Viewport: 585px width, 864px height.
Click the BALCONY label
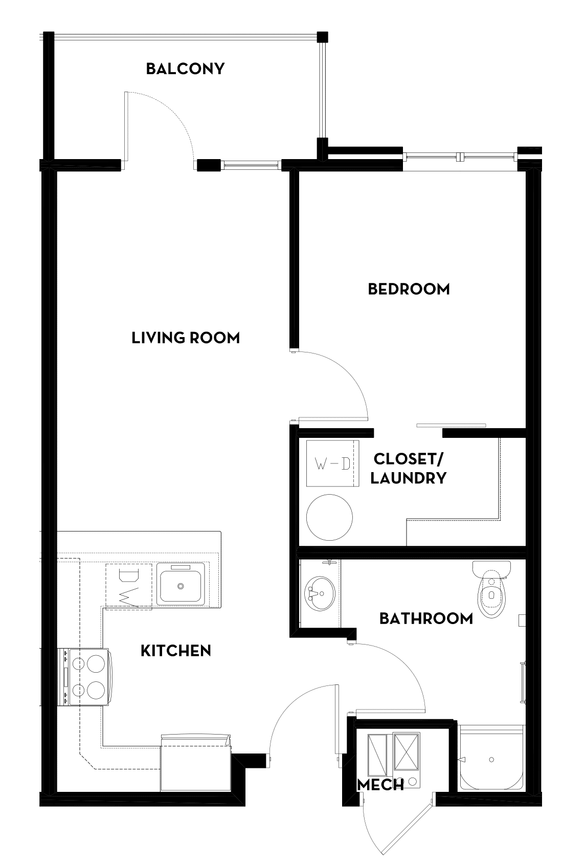click(185, 69)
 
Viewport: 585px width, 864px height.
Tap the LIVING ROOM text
click(186, 338)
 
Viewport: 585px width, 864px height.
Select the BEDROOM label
click(409, 289)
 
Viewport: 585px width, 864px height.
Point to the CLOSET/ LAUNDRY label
click(408, 468)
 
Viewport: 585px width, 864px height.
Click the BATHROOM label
click(426, 618)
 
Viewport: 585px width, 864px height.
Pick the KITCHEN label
click(175, 651)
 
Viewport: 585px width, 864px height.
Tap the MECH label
click(380, 785)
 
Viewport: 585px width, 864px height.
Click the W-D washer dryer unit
click(332, 463)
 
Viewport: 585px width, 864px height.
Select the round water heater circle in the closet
click(329, 517)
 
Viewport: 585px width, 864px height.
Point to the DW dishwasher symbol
click(128, 586)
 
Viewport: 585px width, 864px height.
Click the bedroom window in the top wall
click(460, 156)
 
